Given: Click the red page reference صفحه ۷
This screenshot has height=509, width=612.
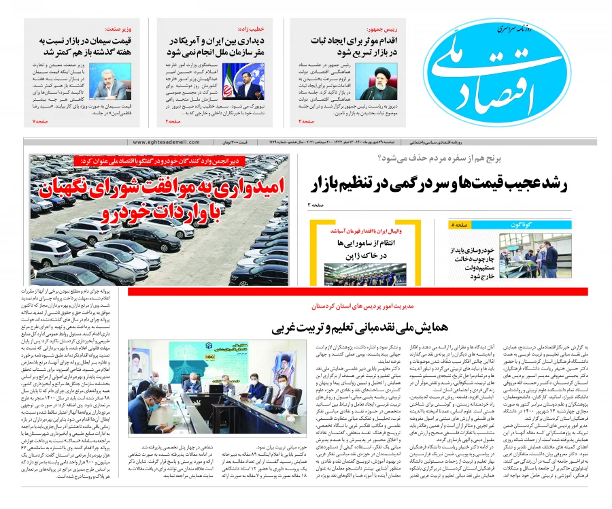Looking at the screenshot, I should click(39, 120).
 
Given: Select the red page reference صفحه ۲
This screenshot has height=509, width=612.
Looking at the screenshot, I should click(173, 120).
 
